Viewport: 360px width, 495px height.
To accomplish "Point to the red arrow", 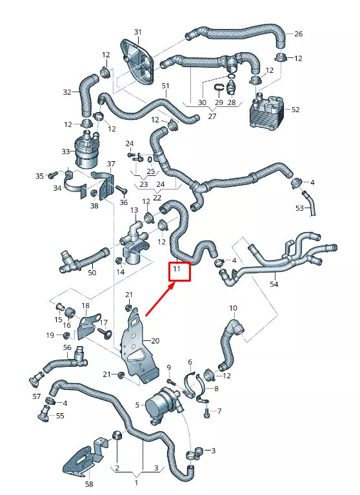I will [x=159, y=300].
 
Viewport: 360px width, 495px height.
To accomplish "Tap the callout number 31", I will [x=137, y=32].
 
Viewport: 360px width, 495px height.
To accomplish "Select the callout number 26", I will [x=298, y=33].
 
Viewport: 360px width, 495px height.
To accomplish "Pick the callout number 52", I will [x=295, y=110].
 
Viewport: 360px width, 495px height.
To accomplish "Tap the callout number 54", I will [x=274, y=284].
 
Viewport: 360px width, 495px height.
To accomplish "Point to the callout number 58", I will [x=89, y=484].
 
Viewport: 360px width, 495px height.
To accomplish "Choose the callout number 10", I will [x=233, y=308].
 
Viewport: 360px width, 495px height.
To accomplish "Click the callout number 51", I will [x=165, y=86].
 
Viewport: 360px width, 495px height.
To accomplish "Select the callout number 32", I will [x=67, y=92].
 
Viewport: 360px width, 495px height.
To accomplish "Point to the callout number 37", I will [x=110, y=164].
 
